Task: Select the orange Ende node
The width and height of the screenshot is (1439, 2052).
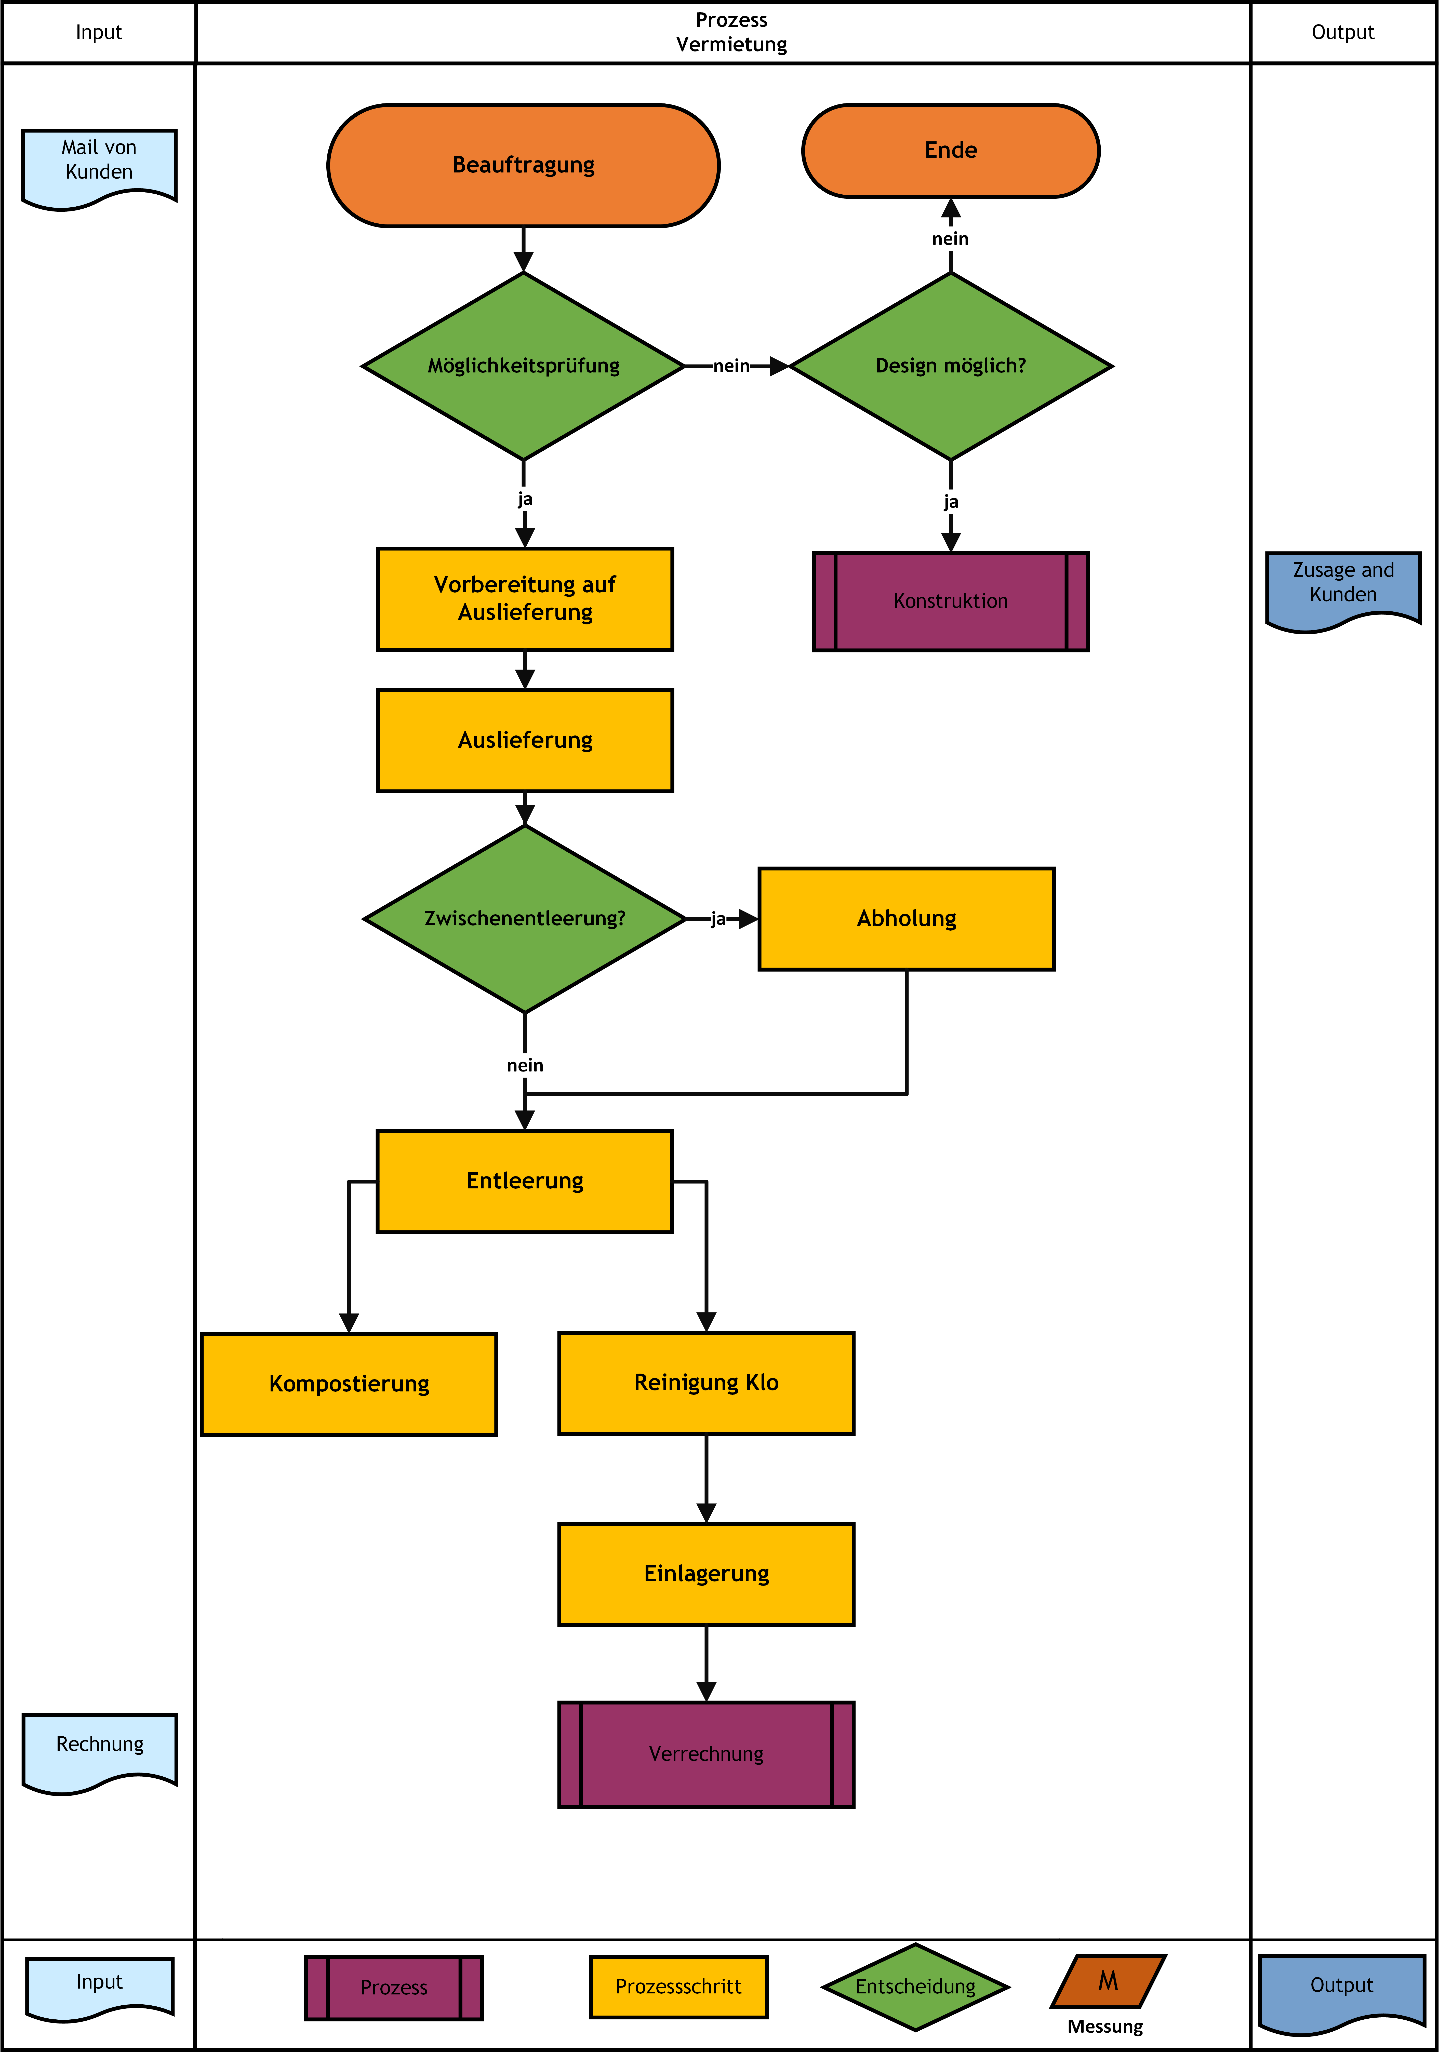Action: [951, 150]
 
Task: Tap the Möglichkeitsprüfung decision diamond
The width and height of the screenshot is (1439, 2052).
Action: [524, 366]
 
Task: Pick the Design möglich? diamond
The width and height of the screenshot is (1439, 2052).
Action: [951, 366]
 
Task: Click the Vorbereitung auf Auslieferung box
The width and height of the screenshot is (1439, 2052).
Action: [525, 599]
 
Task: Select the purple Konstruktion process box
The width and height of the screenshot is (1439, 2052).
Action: [951, 601]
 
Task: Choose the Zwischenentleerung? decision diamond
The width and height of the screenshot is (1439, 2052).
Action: [525, 919]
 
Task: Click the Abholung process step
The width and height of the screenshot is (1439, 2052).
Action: [906, 919]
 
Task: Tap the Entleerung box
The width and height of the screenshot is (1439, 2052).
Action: [525, 1182]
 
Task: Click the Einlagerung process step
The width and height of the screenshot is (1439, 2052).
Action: [706, 1574]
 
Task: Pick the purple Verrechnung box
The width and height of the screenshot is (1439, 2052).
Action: [706, 1754]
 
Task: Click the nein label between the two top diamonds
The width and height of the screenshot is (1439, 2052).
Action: [731, 366]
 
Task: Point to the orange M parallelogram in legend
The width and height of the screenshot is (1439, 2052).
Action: [1108, 1981]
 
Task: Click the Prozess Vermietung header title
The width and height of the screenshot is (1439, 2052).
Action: [731, 32]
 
